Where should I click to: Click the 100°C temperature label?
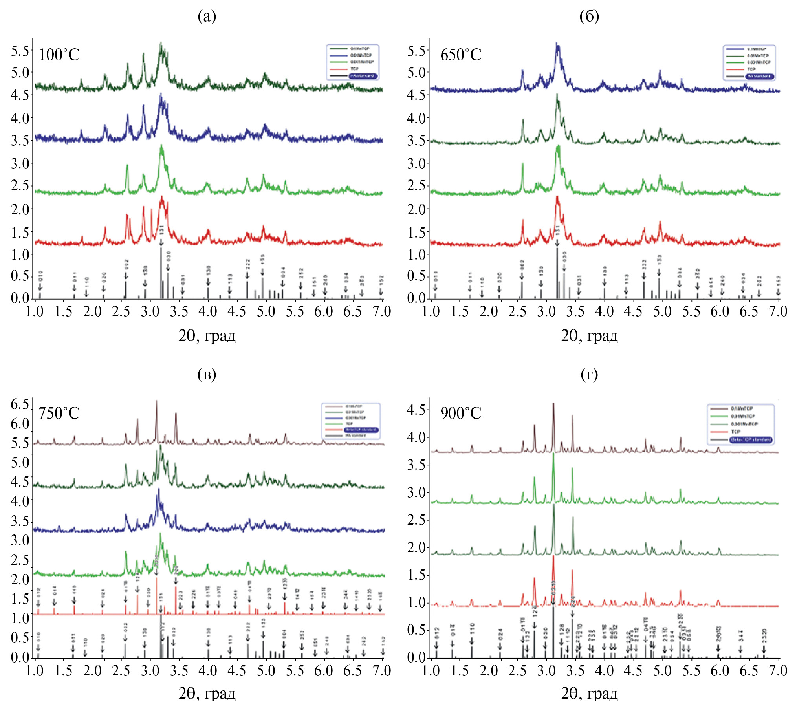(x=59, y=55)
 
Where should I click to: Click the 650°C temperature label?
(x=460, y=55)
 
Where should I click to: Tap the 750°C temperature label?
(x=59, y=413)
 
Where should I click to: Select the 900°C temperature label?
(x=460, y=413)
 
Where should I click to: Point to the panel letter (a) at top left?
(x=207, y=16)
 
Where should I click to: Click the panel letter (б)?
(x=589, y=16)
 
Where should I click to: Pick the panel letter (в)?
(x=207, y=374)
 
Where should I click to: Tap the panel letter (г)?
(x=589, y=374)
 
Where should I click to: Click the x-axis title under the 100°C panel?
(x=207, y=336)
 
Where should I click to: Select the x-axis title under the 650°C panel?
(x=589, y=336)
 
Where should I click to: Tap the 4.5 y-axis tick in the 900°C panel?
(x=416, y=410)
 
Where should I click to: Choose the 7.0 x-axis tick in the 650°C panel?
(x=778, y=311)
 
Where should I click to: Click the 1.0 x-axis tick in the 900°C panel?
(x=431, y=670)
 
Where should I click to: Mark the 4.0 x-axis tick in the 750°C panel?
(x=208, y=670)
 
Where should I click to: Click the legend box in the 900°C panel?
(x=740, y=424)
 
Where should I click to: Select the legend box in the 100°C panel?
(x=352, y=62)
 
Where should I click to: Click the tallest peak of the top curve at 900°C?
(x=553, y=404)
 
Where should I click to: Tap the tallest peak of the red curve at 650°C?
(x=557, y=196)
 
